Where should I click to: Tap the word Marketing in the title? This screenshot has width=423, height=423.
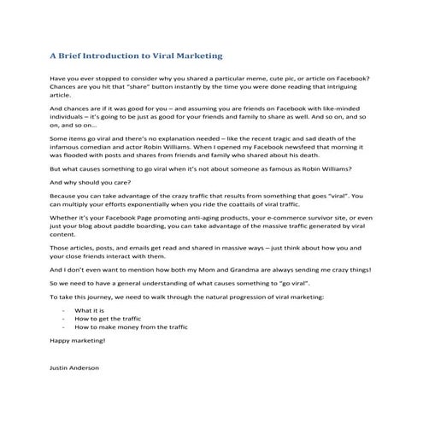[x=198, y=56]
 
